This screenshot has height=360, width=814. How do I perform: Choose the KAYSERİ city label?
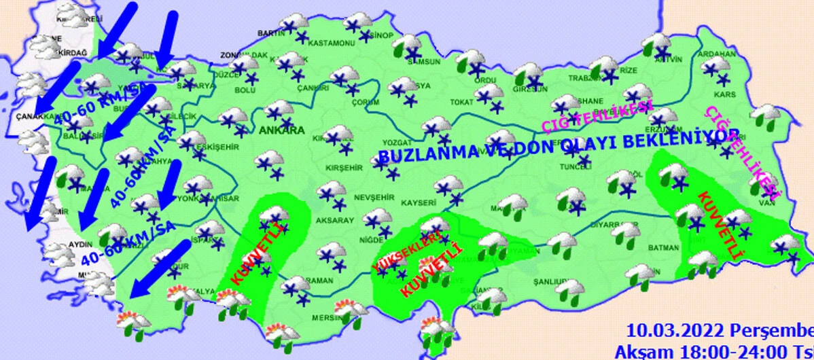418,203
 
